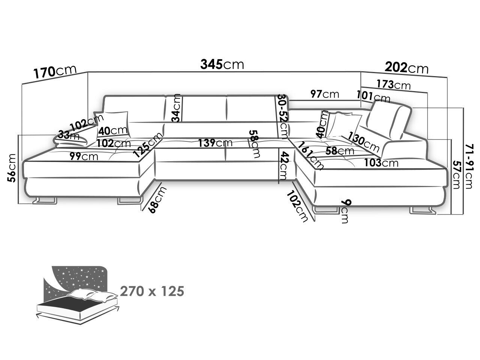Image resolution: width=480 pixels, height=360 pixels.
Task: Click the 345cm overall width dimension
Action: point(222,64)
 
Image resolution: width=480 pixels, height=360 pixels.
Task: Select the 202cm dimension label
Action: point(406,67)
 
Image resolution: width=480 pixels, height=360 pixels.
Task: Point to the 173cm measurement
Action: point(394,85)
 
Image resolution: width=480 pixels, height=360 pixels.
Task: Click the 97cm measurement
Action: point(325,94)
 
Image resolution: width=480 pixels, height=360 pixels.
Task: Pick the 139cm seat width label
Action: point(215,143)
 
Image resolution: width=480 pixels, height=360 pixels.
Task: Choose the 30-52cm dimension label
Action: point(283,117)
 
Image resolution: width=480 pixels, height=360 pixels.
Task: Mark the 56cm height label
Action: point(11,168)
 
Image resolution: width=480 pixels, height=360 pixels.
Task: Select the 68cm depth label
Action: point(157,199)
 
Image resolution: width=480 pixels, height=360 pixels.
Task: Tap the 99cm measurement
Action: point(84,156)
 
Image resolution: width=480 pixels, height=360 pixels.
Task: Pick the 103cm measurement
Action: point(381,163)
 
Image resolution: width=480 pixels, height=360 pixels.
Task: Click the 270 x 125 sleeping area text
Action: point(152,291)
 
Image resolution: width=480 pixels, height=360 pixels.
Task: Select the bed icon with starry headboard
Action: point(78,294)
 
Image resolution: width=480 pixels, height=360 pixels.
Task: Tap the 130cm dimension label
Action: point(363,142)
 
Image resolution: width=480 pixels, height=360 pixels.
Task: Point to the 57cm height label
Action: point(456,175)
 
